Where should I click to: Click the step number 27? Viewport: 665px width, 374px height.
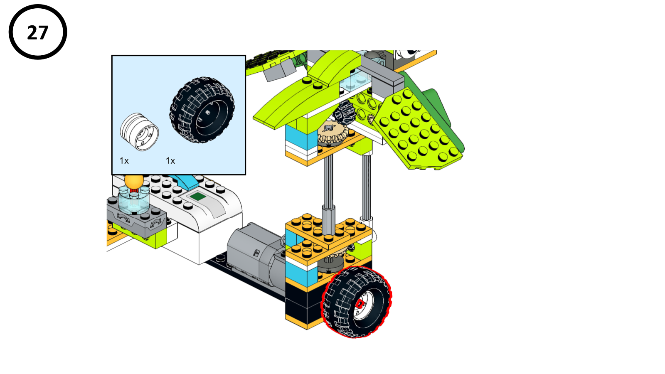point(38,32)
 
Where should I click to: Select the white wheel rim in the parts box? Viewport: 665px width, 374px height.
point(139,132)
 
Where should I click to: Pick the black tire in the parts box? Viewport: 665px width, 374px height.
point(202,110)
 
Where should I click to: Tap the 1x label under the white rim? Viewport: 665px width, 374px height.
point(124,161)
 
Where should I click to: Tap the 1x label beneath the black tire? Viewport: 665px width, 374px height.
point(170,161)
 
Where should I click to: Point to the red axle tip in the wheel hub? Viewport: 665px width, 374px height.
point(360,304)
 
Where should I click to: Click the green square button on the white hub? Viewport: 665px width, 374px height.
point(198,196)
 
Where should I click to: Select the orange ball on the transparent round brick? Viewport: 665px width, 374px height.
point(134,181)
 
